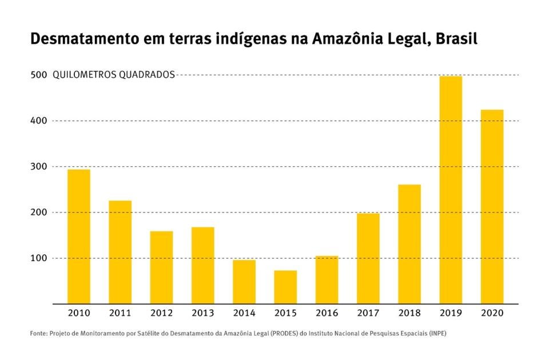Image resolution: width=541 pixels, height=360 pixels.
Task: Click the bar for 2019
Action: point(451,189)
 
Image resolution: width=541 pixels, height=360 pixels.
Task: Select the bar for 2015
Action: point(285,287)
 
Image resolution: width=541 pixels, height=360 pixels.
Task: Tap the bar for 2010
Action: point(79,236)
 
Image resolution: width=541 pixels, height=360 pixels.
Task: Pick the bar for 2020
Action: point(492,206)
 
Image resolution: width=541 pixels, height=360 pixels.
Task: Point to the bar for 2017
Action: point(368,258)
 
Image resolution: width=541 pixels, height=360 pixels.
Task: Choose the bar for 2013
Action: point(203,265)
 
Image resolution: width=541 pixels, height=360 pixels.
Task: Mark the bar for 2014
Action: point(244,282)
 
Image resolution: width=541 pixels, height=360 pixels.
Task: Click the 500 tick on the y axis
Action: point(38,75)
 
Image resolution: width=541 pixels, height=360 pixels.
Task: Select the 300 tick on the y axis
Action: point(38,166)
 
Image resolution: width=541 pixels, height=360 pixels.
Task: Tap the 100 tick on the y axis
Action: point(38,258)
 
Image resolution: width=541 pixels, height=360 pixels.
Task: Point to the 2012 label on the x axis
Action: point(161,314)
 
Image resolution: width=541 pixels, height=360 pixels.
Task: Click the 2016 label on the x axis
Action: point(327,314)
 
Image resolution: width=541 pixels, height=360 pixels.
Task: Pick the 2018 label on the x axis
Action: point(409,314)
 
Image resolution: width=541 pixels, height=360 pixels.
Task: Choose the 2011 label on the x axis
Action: point(120,314)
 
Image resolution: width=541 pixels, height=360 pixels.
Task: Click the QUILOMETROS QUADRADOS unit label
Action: point(114,75)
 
